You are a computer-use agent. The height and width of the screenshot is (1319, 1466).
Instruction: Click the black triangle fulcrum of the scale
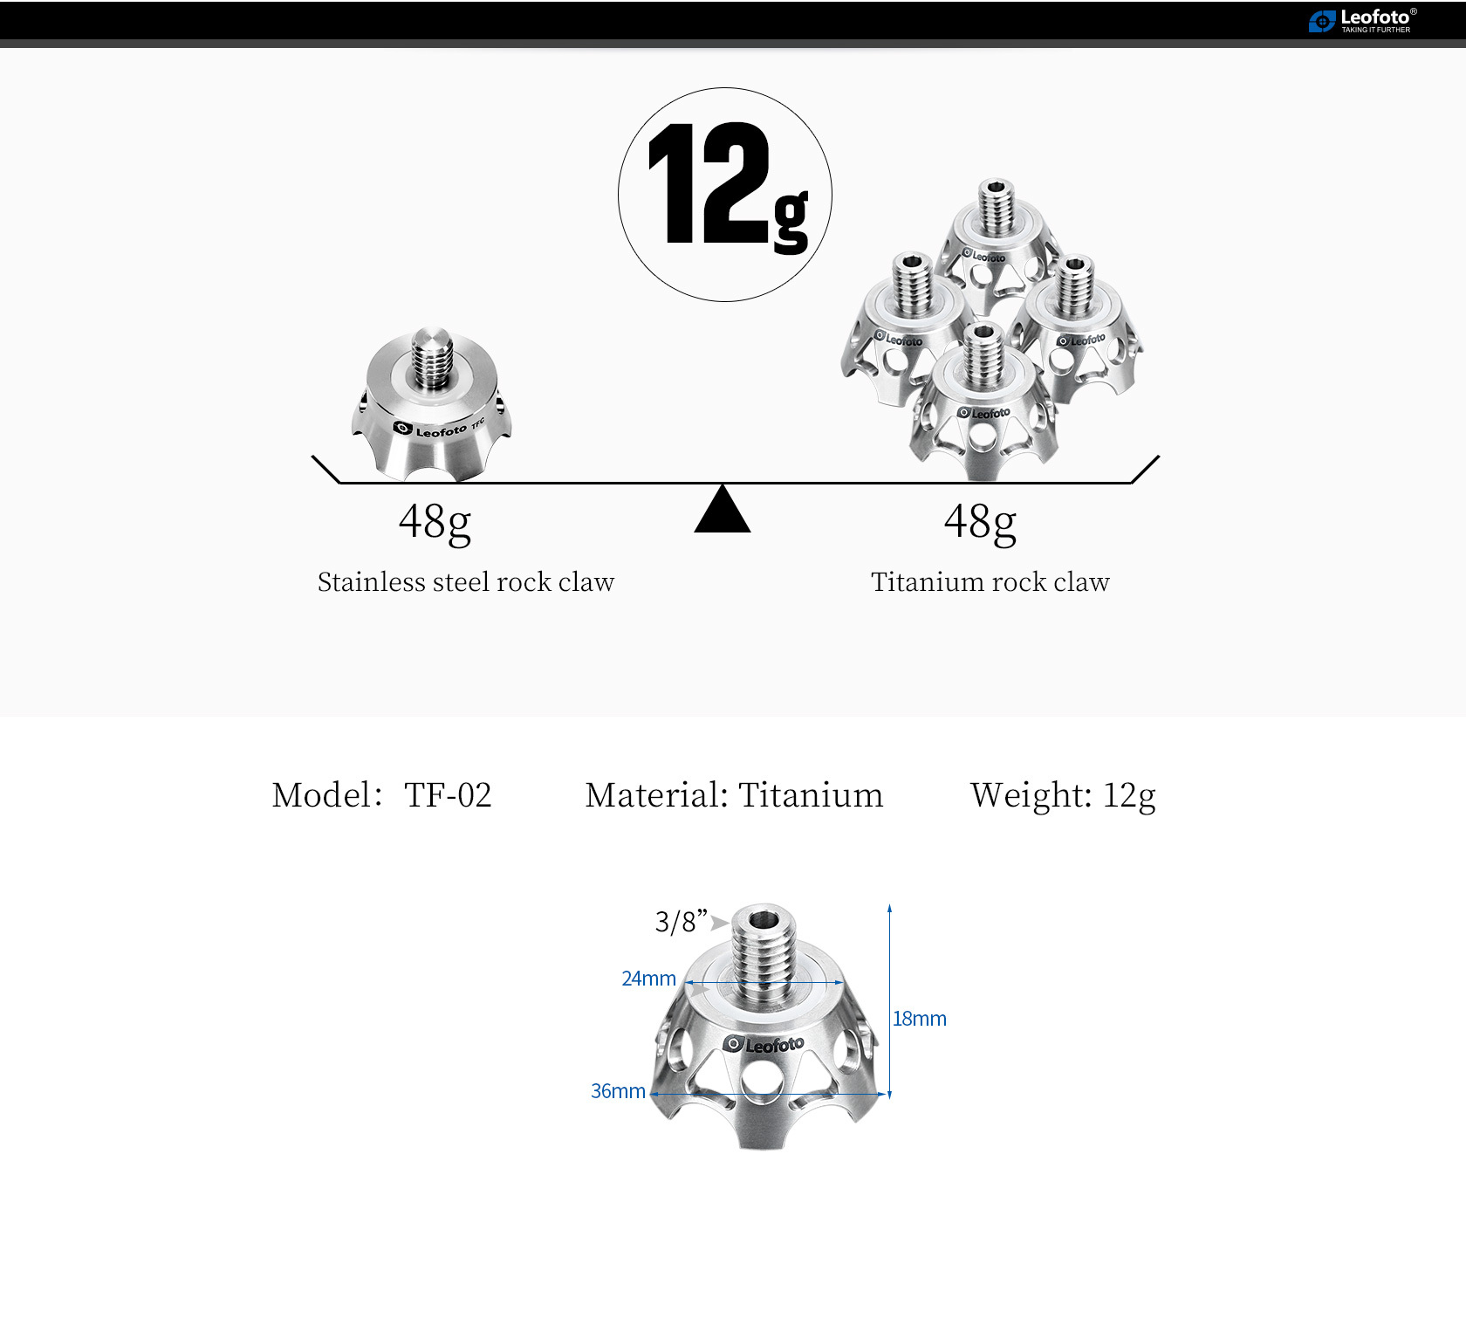pyautogui.click(x=723, y=511)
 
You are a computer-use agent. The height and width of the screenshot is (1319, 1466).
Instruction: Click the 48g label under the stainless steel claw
pyautogui.click(x=435, y=522)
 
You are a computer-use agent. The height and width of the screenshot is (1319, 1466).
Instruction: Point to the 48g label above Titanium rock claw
pyautogui.click(x=980, y=522)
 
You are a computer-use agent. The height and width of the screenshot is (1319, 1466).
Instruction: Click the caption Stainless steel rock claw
pyautogui.click(x=466, y=582)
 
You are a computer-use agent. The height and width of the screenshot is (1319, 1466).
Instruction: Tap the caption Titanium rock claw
pyautogui.click(x=990, y=582)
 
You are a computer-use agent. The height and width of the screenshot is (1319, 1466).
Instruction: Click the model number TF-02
pyautogui.click(x=448, y=795)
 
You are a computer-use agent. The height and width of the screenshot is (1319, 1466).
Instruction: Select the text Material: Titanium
pyautogui.click(x=734, y=795)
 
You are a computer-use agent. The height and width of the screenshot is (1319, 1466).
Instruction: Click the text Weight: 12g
pyautogui.click(x=1063, y=795)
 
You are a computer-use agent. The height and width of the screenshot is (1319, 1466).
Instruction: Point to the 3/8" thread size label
pyautogui.click(x=681, y=922)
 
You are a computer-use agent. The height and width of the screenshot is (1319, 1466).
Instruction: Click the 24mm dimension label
pyautogui.click(x=648, y=979)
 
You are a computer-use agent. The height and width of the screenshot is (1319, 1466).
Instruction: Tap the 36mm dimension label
pyautogui.click(x=618, y=1091)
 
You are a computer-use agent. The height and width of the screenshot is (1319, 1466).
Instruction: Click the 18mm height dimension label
pyautogui.click(x=919, y=1019)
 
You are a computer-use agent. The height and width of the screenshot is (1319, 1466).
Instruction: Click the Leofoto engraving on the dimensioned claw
pyautogui.click(x=764, y=1045)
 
